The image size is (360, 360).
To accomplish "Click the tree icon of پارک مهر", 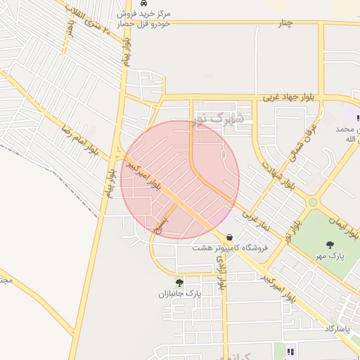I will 330,245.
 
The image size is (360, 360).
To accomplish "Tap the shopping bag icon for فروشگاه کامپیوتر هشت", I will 229,237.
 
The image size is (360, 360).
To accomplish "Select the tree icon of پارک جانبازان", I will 179,283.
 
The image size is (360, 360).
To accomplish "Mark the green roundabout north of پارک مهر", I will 313,202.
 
